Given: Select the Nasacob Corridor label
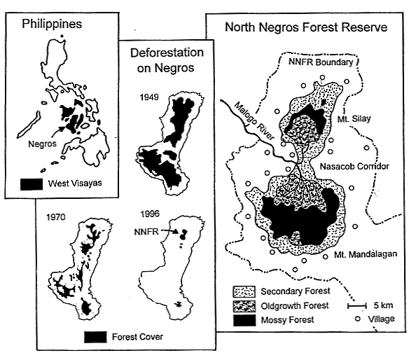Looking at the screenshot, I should [352, 166].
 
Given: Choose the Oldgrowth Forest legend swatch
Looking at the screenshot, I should [245, 305].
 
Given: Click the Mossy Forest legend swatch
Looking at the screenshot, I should [245, 319].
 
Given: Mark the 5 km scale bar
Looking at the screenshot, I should [357, 305].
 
